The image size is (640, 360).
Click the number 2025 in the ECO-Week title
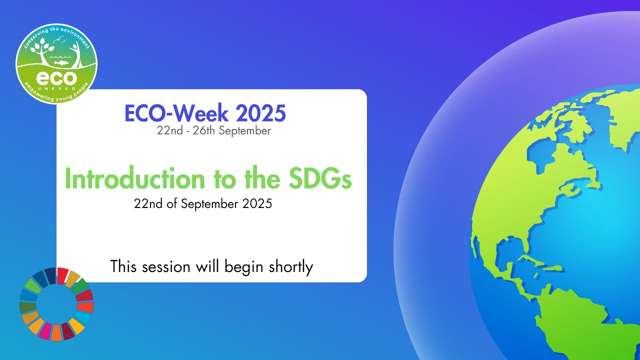[260, 114]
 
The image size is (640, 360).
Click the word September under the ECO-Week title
[244, 131]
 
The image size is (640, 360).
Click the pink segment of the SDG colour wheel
[45, 330]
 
